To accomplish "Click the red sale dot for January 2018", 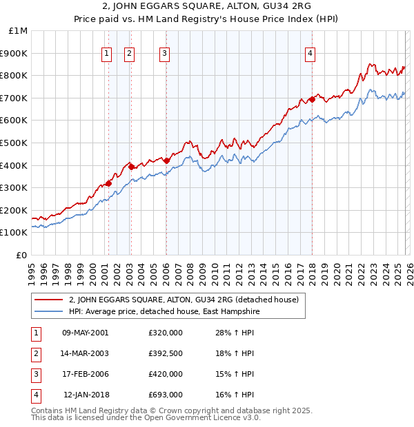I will click(312, 99).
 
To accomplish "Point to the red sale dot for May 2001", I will click(108, 183).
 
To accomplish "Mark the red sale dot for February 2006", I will click(166, 160).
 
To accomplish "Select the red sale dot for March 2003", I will click(130, 167).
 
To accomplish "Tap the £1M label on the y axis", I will click(19, 31).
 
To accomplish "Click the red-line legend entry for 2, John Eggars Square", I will click(183, 300).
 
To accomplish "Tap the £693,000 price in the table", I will click(165, 395).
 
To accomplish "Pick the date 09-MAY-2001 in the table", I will click(85, 333).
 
